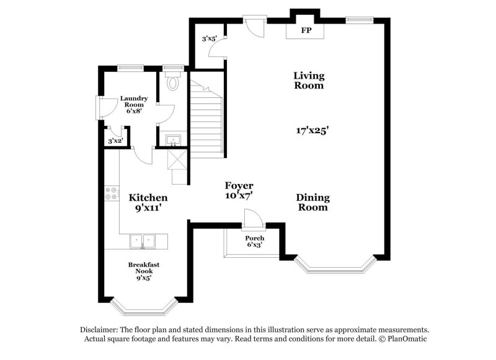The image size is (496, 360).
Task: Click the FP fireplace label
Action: coord(306,30)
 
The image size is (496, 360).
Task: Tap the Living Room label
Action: coord(309,81)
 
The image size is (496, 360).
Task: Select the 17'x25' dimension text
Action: coord(312,130)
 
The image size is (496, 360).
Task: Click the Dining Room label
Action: coord(312,203)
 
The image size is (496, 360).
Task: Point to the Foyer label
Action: coord(239,185)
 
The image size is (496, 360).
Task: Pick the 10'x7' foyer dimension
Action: coord(239,195)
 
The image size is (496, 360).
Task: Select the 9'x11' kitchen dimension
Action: coord(148,208)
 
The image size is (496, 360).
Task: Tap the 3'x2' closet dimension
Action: coord(115,142)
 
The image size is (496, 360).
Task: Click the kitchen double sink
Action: coord(143,240)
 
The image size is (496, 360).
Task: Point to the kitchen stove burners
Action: coord(112,193)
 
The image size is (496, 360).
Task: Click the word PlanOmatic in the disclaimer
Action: coord(403,339)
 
